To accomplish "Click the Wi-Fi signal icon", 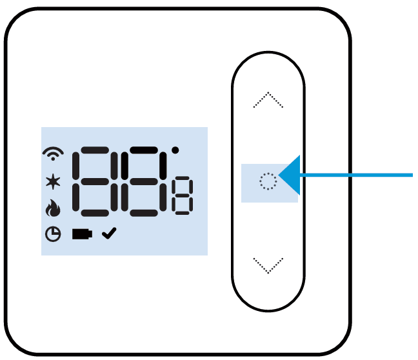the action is [x=53, y=154].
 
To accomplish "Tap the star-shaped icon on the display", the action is [x=53, y=181].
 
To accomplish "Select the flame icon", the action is [x=53, y=208].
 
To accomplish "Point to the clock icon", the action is [x=53, y=234].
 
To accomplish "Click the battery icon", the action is [x=82, y=234].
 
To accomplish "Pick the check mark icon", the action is [x=109, y=234].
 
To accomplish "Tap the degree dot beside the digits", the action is [x=175, y=150].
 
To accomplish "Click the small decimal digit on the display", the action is [x=183, y=195].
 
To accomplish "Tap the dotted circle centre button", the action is [x=268, y=181].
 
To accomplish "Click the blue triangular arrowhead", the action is [x=290, y=175].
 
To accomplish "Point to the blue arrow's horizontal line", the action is [x=356, y=175].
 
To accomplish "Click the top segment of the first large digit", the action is [x=95, y=150].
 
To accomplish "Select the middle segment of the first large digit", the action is [x=95, y=181].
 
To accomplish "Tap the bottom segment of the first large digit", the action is [x=95, y=213].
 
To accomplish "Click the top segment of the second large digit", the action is [x=144, y=150].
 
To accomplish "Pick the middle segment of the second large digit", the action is [x=144, y=181].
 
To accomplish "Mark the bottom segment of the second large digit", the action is [x=144, y=213].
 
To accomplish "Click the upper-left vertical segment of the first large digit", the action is [x=76, y=166].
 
